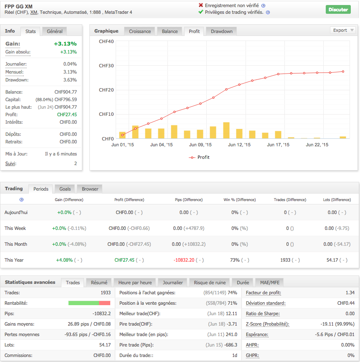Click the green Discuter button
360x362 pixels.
(x=338, y=9)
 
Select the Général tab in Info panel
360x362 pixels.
(x=55, y=31)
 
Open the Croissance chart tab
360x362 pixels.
(x=140, y=31)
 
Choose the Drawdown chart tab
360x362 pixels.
(x=222, y=31)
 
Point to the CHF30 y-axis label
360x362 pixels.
(x=106, y=66)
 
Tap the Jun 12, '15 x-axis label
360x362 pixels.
(x=239, y=145)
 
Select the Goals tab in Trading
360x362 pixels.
(x=65, y=189)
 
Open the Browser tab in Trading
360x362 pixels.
(x=90, y=189)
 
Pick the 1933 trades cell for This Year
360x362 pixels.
(x=285, y=260)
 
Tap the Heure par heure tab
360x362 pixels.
(x=135, y=283)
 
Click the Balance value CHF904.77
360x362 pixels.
(x=65, y=92)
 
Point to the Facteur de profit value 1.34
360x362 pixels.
(x=350, y=293)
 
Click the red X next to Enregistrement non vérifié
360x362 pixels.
(x=201, y=5)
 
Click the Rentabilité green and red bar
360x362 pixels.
(x=89, y=303)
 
